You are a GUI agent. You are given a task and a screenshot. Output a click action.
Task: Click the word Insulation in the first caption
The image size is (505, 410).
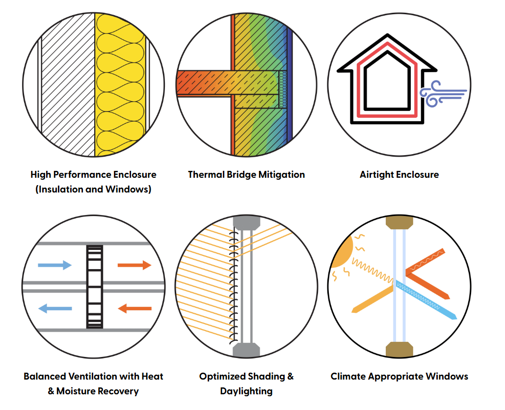point(59,189)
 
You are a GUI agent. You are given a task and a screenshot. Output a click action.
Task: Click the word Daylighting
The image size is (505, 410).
point(246,391)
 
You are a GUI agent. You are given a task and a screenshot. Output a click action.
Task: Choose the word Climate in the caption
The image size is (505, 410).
point(350,377)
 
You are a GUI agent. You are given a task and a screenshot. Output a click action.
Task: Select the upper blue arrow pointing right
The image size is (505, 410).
point(54,265)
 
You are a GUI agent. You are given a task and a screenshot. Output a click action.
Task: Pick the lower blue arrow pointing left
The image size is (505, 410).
point(55,308)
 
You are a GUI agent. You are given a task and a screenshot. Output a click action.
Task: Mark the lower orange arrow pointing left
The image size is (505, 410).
point(134,308)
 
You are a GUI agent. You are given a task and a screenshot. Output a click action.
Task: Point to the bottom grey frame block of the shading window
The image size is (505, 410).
point(246,350)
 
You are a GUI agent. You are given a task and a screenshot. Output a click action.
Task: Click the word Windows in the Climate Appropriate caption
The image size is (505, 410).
point(447,377)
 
